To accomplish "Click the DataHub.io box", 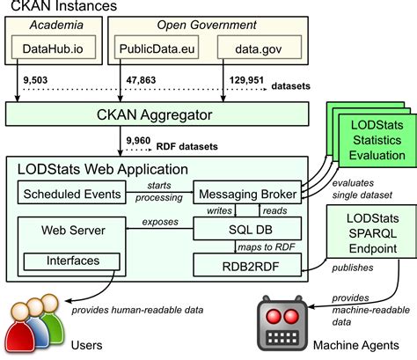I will [55, 51].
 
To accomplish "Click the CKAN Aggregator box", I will [158, 114].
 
